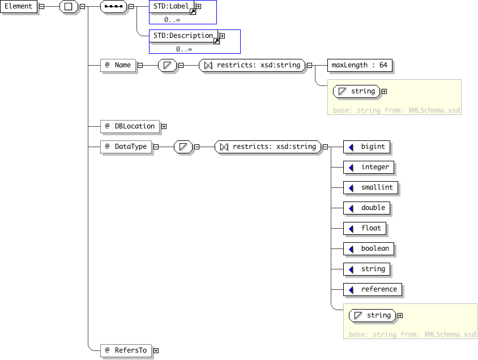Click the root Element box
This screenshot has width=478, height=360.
click(19, 6)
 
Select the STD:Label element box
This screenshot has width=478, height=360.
click(172, 6)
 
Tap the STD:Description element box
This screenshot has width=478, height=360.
click(183, 36)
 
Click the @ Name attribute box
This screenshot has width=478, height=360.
click(118, 65)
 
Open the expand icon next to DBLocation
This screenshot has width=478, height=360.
click(164, 126)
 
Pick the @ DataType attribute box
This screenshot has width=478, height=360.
click(126, 147)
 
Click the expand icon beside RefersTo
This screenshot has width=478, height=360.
click(156, 350)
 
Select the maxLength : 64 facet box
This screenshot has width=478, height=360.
click(360, 65)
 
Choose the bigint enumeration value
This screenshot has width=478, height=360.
click(366, 147)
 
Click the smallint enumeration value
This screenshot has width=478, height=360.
click(370, 187)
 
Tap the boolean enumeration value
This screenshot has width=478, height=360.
click(369, 249)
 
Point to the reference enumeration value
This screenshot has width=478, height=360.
click(373, 290)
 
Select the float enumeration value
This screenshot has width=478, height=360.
click(365, 229)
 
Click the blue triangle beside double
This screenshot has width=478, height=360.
click(351, 208)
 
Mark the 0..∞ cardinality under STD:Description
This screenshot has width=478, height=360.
click(184, 49)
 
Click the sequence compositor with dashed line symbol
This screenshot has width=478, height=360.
click(113, 6)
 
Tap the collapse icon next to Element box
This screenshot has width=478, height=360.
click(42, 6)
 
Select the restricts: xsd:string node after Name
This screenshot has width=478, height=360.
click(252, 65)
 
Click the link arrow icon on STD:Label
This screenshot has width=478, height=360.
click(193, 12)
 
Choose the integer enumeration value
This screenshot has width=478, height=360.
click(369, 167)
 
